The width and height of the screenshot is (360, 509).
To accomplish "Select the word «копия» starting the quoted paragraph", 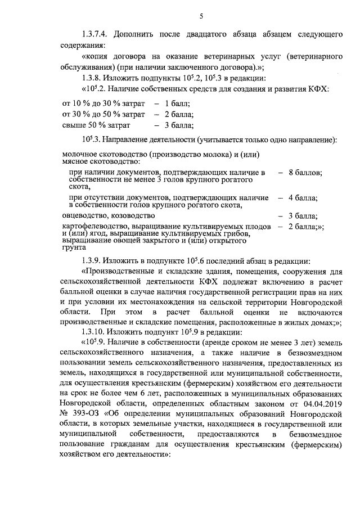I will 98,57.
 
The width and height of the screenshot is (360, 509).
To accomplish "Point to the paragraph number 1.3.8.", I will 94,78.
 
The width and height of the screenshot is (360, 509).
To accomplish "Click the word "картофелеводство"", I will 93,226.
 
